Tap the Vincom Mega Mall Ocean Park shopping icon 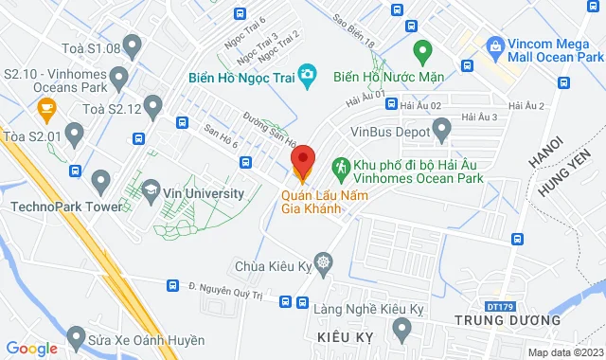pos(494,45)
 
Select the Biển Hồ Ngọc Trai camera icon pos(307,74)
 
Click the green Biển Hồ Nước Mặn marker pos(423,48)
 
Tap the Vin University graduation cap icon pos(151,192)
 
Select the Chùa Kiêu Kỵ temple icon pos(325,261)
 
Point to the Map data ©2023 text pos(564,352)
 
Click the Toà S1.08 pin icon pos(133,45)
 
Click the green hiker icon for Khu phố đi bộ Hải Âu pos(341,167)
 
